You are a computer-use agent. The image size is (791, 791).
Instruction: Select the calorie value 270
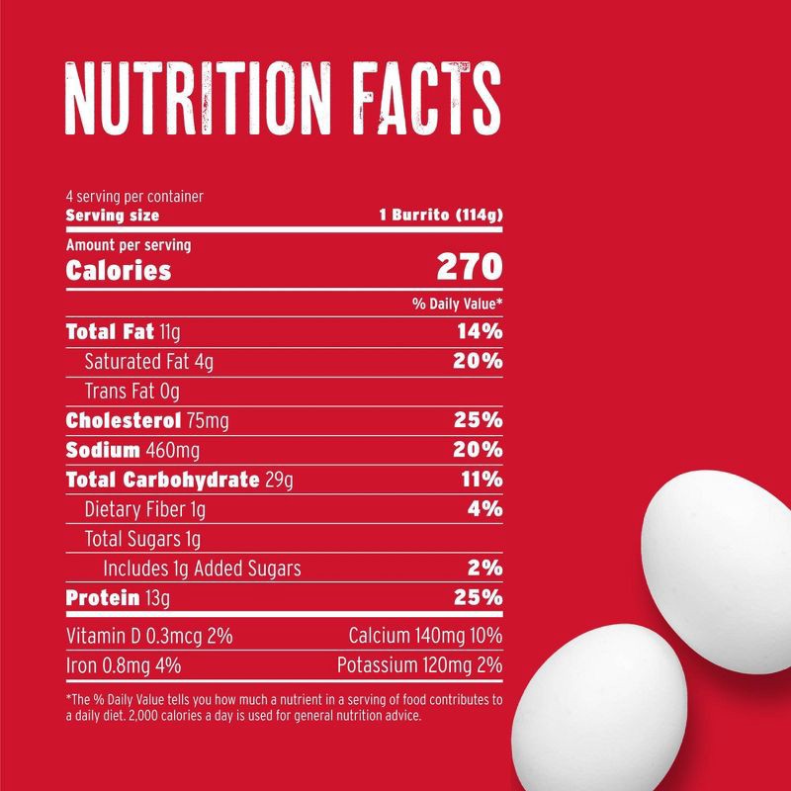coord(470,268)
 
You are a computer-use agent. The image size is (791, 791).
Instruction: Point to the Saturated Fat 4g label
coord(148,362)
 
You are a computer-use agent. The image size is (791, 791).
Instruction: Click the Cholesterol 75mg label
coord(146,420)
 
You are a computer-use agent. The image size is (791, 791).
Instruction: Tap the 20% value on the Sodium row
coord(479,450)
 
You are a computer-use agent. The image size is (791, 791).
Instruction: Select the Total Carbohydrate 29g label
coord(180,480)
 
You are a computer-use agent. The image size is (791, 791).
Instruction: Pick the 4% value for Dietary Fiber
coord(484,509)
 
